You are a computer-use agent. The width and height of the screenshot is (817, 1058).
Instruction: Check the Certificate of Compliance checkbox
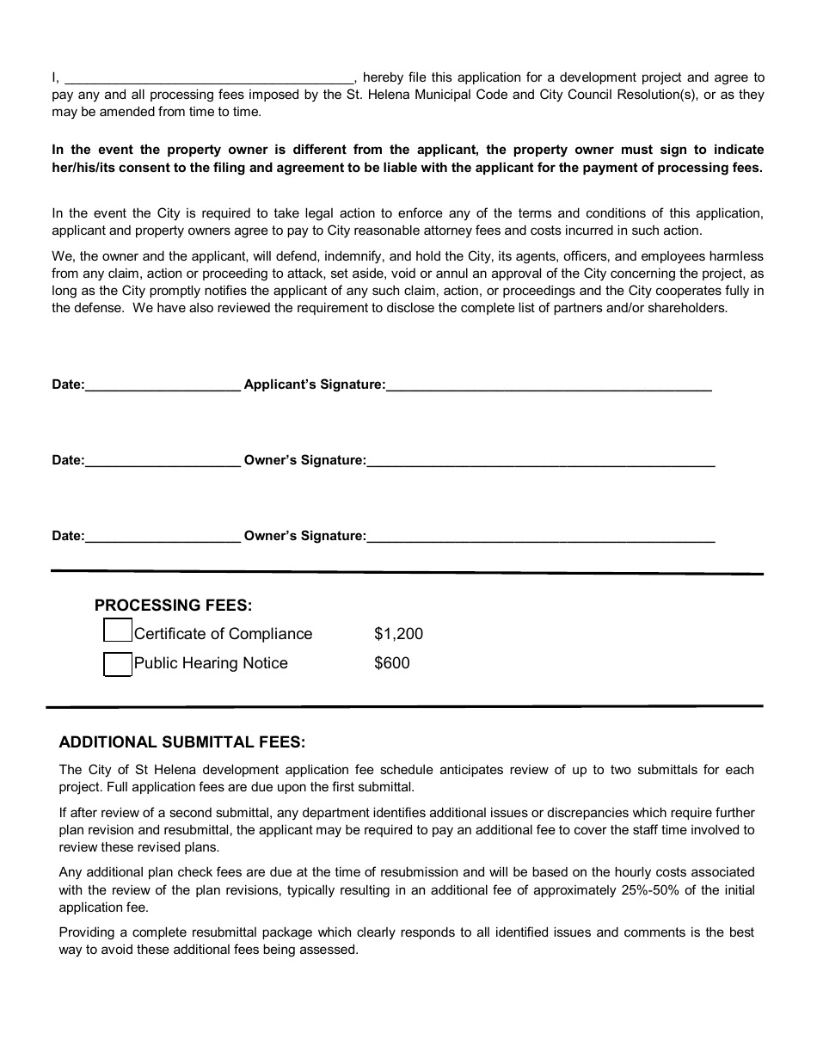pyautogui.click(x=118, y=631)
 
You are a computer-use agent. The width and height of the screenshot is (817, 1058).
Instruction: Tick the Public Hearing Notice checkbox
pyautogui.click(x=118, y=664)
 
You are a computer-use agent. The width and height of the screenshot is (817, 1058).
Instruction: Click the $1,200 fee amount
pyautogui.click(x=398, y=634)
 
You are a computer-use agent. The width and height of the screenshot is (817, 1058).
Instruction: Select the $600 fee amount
pyautogui.click(x=392, y=663)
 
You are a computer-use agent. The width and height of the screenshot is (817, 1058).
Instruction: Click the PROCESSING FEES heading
pyautogui.click(x=173, y=606)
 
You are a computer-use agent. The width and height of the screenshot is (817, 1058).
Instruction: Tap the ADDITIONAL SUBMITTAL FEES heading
pyautogui.click(x=181, y=742)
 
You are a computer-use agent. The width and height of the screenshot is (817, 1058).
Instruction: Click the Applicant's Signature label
pyautogui.click(x=314, y=384)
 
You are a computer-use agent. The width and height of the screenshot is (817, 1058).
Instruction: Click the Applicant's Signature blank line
pyautogui.click(x=549, y=386)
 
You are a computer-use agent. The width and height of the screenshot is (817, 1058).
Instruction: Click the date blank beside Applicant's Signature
pyautogui.click(x=163, y=386)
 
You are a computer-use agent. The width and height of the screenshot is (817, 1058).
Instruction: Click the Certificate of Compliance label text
pyautogui.click(x=223, y=634)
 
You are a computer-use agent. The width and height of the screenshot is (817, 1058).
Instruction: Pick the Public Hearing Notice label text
pyautogui.click(x=211, y=663)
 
